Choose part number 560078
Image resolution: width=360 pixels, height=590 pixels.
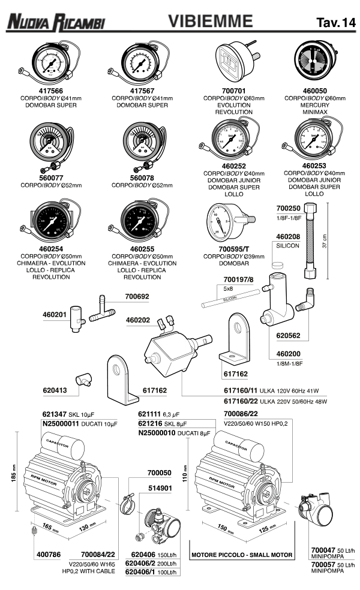click(143, 177)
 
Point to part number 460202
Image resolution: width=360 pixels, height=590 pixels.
click(139, 320)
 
